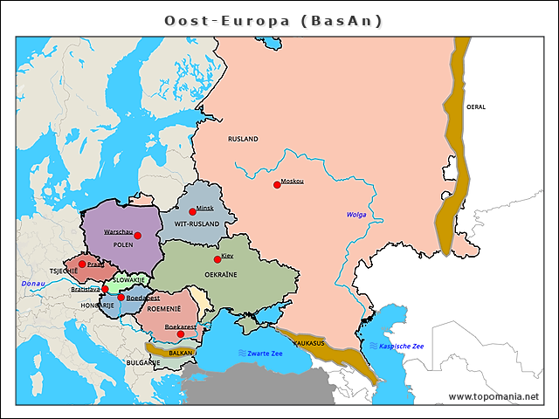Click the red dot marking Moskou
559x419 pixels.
pos(277,184)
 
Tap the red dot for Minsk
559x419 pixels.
pos(192,211)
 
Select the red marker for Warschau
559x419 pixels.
pos(137,235)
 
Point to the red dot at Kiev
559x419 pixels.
pos(217,259)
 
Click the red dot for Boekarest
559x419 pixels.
pos(181,333)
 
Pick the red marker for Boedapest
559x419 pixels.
pos(121,298)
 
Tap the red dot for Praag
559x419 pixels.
pos(82,264)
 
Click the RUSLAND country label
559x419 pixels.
pos(243,139)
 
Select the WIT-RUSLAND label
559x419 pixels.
pos(197,223)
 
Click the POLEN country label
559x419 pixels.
pos(122,245)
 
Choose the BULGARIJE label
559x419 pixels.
pos(142,361)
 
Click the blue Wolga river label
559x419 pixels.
pos(356,215)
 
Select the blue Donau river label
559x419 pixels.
pos(33,285)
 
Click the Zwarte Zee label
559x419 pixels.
pos(264,354)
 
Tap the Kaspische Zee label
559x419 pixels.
pos(401,347)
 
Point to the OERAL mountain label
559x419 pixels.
pos(476,106)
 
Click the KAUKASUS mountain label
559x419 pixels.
pos(308,343)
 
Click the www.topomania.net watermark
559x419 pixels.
pos(493,397)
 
